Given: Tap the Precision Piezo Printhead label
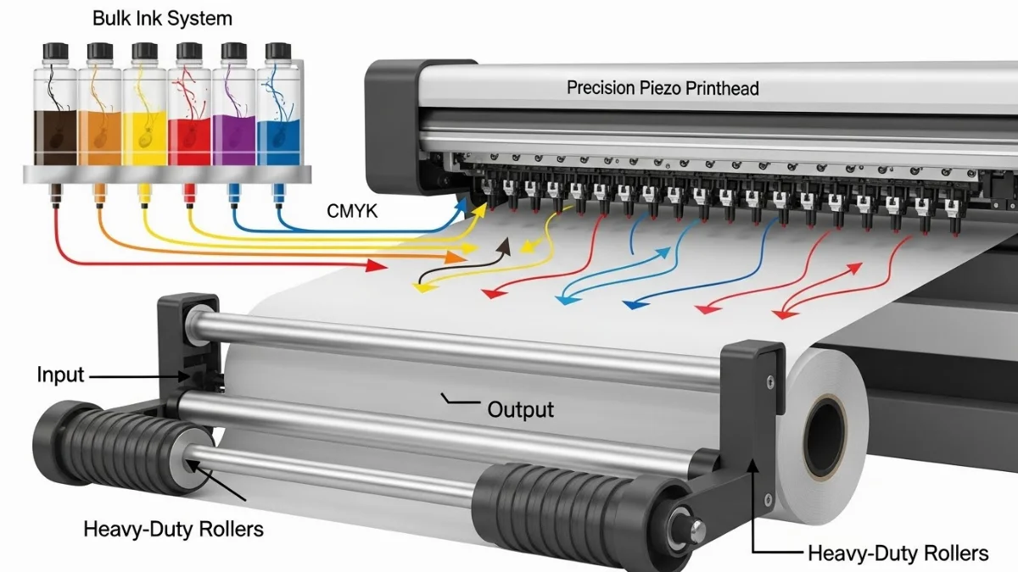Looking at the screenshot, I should (x=663, y=87).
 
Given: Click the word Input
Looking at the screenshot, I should (x=60, y=375).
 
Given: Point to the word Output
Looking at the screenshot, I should (x=520, y=411).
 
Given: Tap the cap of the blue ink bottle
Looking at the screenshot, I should (x=280, y=52).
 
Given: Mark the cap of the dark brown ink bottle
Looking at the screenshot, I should (x=53, y=52).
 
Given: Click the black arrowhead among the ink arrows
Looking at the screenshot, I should (x=506, y=245).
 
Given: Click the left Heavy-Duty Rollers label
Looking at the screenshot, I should (x=173, y=530).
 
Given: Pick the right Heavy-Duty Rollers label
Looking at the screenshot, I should (x=898, y=553).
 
